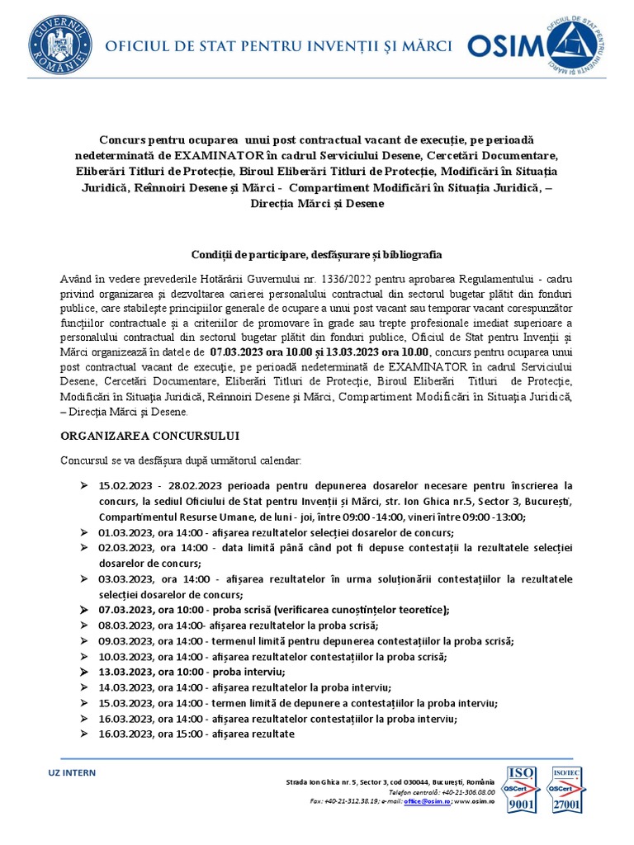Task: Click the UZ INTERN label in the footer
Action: (72, 772)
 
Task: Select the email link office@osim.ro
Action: (426, 800)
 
